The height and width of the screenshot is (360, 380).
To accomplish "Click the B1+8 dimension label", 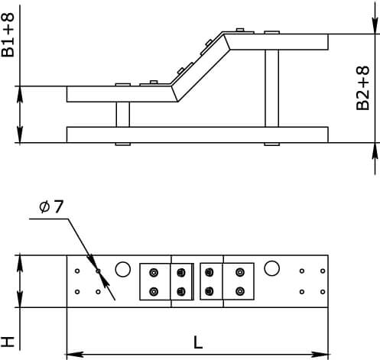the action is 8,35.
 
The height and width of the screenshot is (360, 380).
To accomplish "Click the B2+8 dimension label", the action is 362,88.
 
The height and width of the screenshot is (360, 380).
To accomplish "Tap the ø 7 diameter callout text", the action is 51,206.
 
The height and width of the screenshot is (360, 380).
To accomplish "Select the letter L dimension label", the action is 198,342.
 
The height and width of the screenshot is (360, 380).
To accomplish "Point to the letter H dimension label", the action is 8,342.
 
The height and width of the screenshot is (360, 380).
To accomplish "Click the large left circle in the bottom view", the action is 123,269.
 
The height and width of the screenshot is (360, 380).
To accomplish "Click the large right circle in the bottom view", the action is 271,268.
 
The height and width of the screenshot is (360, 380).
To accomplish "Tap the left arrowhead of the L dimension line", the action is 75,354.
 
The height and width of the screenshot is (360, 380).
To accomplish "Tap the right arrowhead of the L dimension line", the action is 320,354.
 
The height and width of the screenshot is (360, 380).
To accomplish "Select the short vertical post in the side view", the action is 123,115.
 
